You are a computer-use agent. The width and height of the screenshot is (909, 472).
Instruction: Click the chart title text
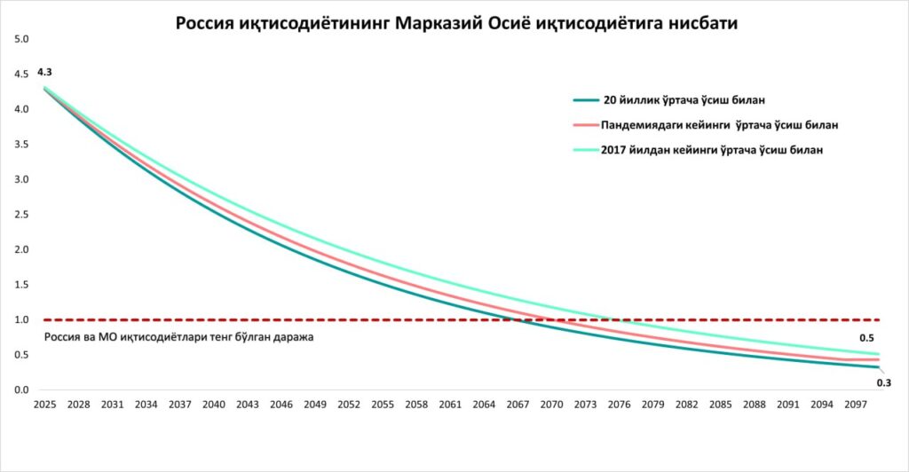(x=456, y=24)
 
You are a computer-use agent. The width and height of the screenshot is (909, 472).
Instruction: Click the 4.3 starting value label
(x=44, y=71)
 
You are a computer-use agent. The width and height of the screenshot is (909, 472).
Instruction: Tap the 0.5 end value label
(x=867, y=339)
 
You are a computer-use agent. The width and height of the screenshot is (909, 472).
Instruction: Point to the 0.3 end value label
(x=883, y=382)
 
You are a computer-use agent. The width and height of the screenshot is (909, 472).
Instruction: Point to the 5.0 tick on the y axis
(x=22, y=39)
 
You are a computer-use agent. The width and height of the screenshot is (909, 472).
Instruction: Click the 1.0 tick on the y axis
(x=22, y=319)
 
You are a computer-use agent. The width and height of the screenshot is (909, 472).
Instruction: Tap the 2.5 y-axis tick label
(x=22, y=215)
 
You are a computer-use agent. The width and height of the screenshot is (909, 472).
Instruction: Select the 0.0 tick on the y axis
(x=22, y=389)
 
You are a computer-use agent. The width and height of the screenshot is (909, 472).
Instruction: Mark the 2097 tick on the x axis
(x=856, y=405)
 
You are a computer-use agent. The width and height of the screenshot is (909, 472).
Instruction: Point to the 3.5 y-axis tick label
(x=22, y=145)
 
